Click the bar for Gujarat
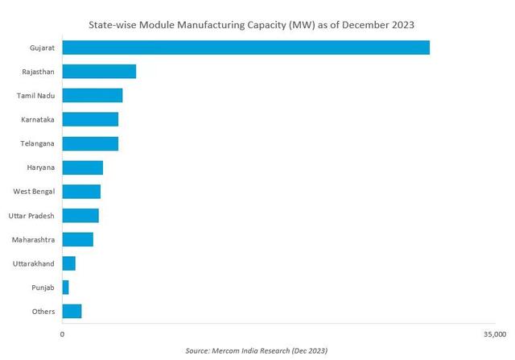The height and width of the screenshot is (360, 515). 245,48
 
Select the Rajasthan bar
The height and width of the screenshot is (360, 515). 99,72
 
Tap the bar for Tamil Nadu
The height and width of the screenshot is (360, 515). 93,96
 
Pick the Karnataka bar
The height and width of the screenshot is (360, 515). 90,119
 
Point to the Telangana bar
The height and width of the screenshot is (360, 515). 90,143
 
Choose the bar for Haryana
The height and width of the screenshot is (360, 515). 83,168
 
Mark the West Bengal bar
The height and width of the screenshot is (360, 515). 81,192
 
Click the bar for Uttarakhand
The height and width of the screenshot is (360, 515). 69,263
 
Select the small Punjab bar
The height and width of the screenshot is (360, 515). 66,288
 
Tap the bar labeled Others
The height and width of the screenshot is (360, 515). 72,312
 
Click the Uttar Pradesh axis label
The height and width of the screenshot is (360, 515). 31,216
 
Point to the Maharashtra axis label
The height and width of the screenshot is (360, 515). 34,240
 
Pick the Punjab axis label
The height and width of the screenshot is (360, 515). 42,288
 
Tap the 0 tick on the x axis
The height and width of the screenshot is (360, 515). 63,333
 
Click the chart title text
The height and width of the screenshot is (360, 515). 257,24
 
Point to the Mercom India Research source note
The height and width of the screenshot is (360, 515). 257,351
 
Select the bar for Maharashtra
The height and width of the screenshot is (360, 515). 78,239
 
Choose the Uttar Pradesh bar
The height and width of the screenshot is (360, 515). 80,216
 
